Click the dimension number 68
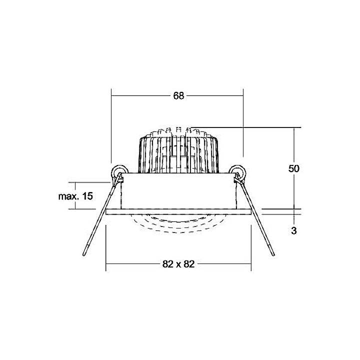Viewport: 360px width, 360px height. click(x=179, y=96)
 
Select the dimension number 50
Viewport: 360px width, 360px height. click(x=293, y=169)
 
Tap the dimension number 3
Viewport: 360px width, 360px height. click(x=293, y=231)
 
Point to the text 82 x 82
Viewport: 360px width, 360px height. click(x=178, y=264)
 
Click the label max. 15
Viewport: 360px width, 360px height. click(x=75, y=196)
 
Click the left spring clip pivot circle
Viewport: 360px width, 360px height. click(x=118, y=171)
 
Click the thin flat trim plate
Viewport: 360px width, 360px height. click(x=178, y=211)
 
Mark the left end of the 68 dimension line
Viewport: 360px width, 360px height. click(x=111, y=96)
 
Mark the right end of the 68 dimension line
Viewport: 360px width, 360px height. click(x=243, y=96)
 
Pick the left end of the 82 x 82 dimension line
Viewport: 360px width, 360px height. click(x=106, y=264)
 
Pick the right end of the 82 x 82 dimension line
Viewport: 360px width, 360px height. click(x=251, y=264)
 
